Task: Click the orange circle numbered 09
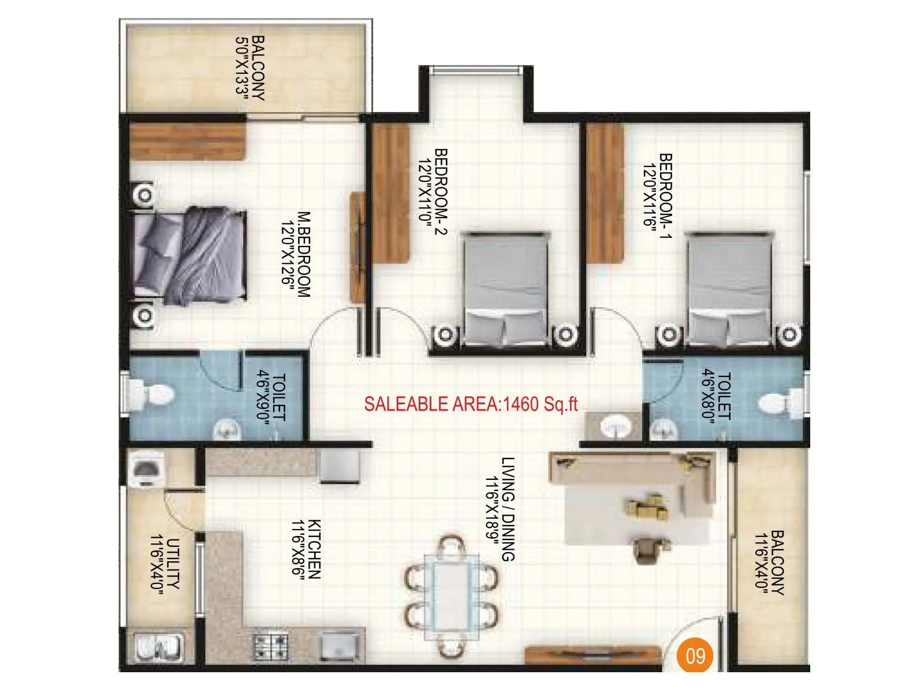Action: click(695, 655)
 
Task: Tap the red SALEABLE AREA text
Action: click(471, 404)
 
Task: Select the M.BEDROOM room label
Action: click(296, 255)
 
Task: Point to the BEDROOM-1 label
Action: click(658, 195)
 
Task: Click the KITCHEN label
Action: click(306, 549)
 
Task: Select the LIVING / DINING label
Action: click(500, 509)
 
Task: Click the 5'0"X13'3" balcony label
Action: click(250, 68)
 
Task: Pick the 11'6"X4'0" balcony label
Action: click(770, 563)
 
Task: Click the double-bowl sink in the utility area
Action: click(159, 646)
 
